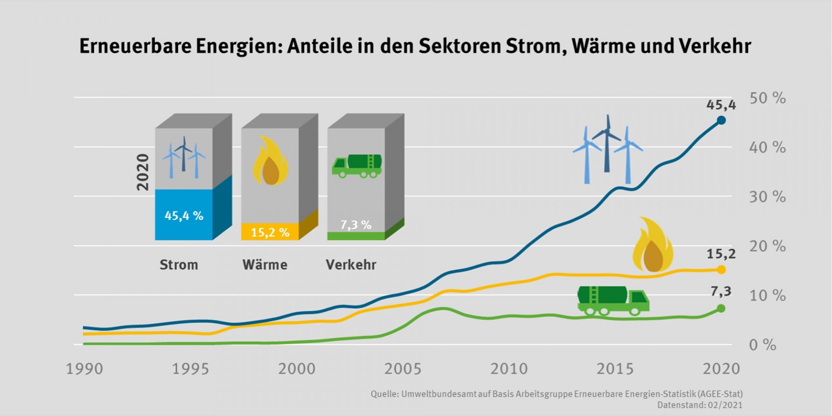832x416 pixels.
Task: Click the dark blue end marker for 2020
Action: click(x=721, y=120)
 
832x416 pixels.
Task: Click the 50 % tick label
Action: click(x=767, y=98)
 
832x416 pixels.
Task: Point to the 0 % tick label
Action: click(x=762, y=345)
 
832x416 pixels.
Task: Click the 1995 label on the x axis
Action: click(x=191, y=369)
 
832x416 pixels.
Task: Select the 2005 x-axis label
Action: click(x=403, y=369)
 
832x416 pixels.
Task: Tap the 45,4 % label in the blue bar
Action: click(x=184, y=215)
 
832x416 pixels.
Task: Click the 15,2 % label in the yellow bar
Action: click(x=270, y=232)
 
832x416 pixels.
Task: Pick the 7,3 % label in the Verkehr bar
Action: click(x=356, y=224)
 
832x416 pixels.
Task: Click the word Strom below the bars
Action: click(x=179, y=264)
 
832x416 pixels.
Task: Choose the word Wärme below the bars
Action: click(x=265, y=264)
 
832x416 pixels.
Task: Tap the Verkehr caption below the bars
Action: click(x=351, y=264)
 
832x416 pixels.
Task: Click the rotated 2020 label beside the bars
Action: click(x=143, y=172)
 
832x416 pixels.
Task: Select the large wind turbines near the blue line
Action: click(x=607, y=149)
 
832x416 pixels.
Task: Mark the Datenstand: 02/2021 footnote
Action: click(x=699, y=405)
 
